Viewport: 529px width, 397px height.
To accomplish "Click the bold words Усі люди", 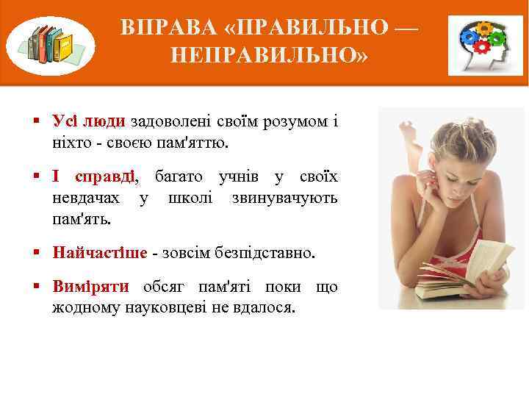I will click(x=87, y=121).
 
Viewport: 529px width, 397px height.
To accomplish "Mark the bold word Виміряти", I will click(x=90, y=287).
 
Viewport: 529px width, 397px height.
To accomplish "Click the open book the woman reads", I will click(x=464, y=268).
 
